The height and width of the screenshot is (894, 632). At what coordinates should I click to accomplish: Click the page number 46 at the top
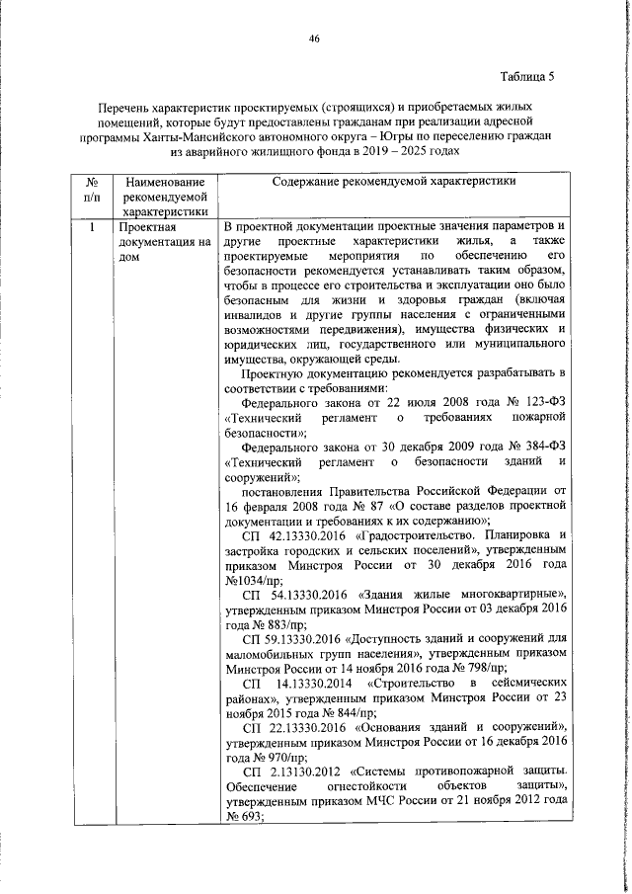[x=315, y=38]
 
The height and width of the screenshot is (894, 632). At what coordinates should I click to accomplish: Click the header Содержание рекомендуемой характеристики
[x=390, y=182]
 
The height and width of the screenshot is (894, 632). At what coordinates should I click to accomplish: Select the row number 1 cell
[x=90, y=255]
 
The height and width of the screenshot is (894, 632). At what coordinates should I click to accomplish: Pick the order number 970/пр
[x=274, y=757]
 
